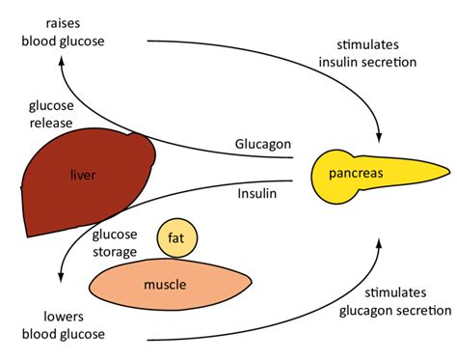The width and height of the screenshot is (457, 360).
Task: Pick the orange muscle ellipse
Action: (x=166, y=284)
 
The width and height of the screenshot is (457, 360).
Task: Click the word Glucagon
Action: (x=262, y=144)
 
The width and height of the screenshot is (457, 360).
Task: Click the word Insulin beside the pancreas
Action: (x=257, y=194)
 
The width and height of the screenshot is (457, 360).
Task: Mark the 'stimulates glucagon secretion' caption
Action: (x=392, y=301)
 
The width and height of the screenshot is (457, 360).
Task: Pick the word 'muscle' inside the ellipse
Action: (x=165, y=285)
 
